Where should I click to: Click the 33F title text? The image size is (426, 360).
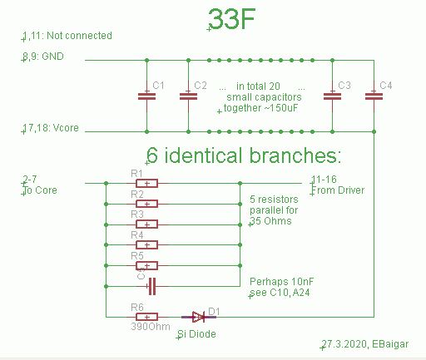click(x=232, y=19)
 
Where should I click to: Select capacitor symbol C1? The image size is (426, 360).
click(x=146, y=96)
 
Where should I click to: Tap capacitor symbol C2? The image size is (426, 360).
click(x=188, y=96)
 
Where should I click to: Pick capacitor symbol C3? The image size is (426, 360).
click(x=332, y=96)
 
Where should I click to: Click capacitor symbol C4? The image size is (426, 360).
click(x=374, y=96)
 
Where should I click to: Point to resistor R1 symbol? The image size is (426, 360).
click(x=146, y=183)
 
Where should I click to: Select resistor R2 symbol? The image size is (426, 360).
click(x=146, y=204)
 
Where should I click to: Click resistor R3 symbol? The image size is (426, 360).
click(x=146, y=224)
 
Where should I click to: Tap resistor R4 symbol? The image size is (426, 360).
click(x=146, y=245)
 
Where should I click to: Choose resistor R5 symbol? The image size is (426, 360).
click(x=146, y=265)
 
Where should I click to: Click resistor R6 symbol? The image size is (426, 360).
click(x=146, y=317)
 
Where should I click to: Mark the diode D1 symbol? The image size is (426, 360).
click(x=199, y=317)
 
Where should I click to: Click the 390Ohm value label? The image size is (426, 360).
click(x=151, y=327)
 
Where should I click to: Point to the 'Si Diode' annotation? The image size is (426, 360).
click(x=196, y=334)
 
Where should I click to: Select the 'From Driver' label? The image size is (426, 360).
click(x=338, y=190)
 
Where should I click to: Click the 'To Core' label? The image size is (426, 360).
click(x=40, y=190)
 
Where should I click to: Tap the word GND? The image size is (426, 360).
click(x=52, y=57)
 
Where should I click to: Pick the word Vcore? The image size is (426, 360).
click(x=66, y=128)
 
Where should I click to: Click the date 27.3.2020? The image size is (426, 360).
click(x=344, y=344)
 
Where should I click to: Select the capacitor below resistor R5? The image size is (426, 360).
click(x=152, y=286)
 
